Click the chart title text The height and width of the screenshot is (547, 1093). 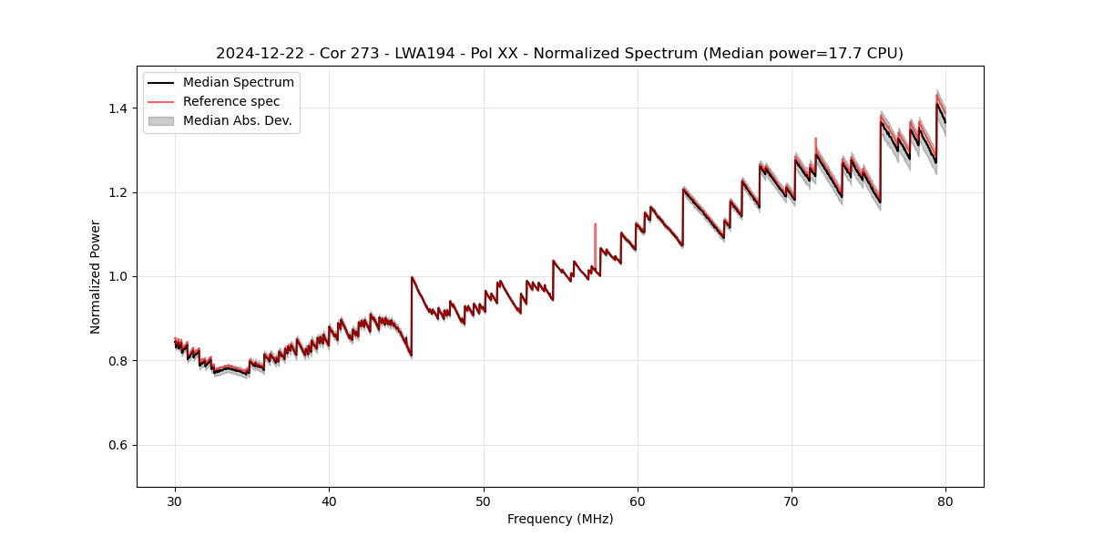coord(559,54)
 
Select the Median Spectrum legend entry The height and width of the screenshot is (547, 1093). coord(238,83)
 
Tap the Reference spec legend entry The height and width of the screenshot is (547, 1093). coord(231,101)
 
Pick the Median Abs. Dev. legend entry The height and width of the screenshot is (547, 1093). coord(237,120)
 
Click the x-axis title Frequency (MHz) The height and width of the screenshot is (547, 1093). coord(560,519)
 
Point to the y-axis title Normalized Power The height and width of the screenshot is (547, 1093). coord(96,276)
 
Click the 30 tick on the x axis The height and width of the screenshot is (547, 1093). coord(176,501)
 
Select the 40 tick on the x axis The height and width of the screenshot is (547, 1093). coord(330,501)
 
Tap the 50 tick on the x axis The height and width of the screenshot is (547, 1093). coord(484,501)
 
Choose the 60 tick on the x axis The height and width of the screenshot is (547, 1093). coord(638,501)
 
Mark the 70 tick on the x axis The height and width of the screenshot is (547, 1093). coord(792,501)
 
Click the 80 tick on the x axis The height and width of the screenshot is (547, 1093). coord(945,501)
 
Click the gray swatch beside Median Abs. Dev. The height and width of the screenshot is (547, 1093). coord(161,120)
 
